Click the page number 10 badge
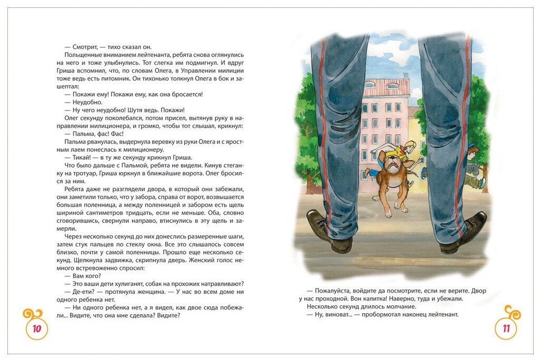tap(36, 329)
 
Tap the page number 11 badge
tap(506, 329)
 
